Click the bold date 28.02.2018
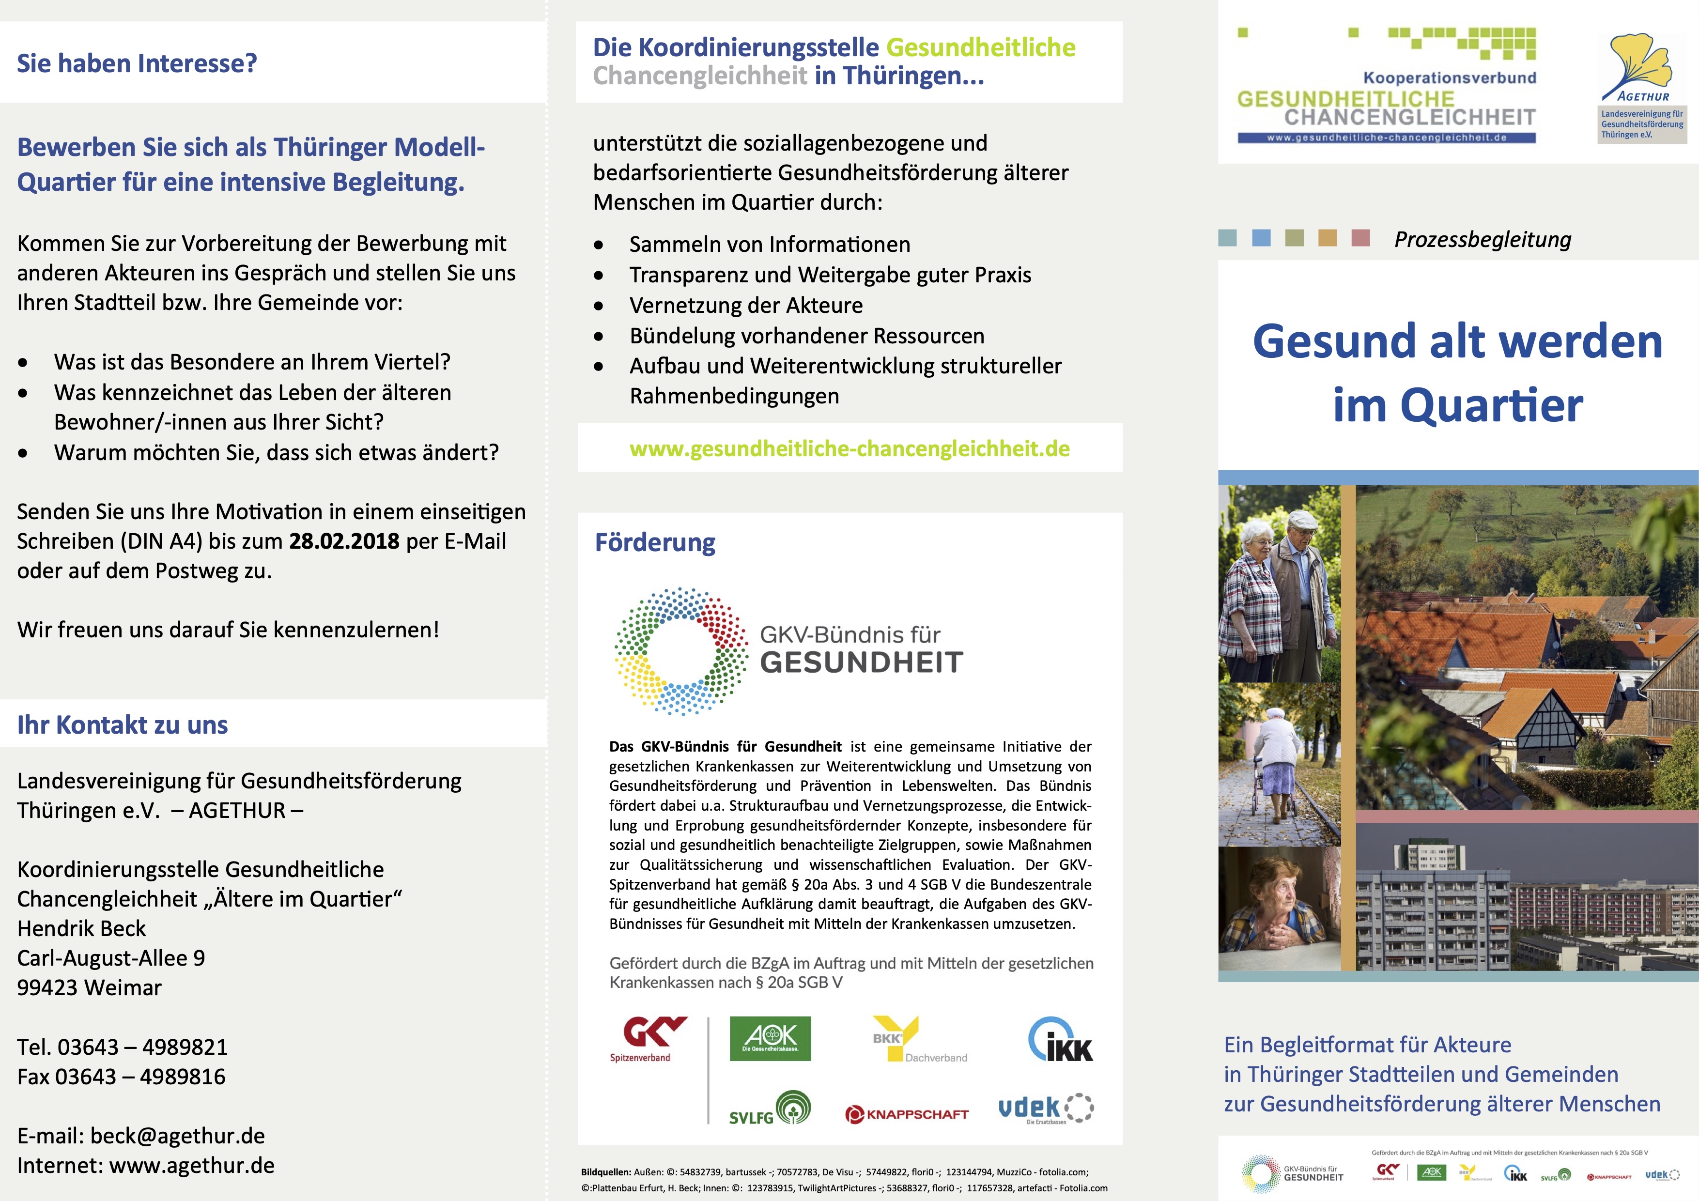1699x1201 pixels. pos(344,541)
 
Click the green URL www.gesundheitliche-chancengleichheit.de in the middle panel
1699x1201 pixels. pos(849,448)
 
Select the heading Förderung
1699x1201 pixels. pos(655,542)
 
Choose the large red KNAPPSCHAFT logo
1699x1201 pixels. pos(907,1114)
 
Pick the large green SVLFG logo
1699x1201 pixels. pos(770,1109)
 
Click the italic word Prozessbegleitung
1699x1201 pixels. pos(1482,239)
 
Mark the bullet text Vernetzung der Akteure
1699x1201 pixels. pos(746,305)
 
